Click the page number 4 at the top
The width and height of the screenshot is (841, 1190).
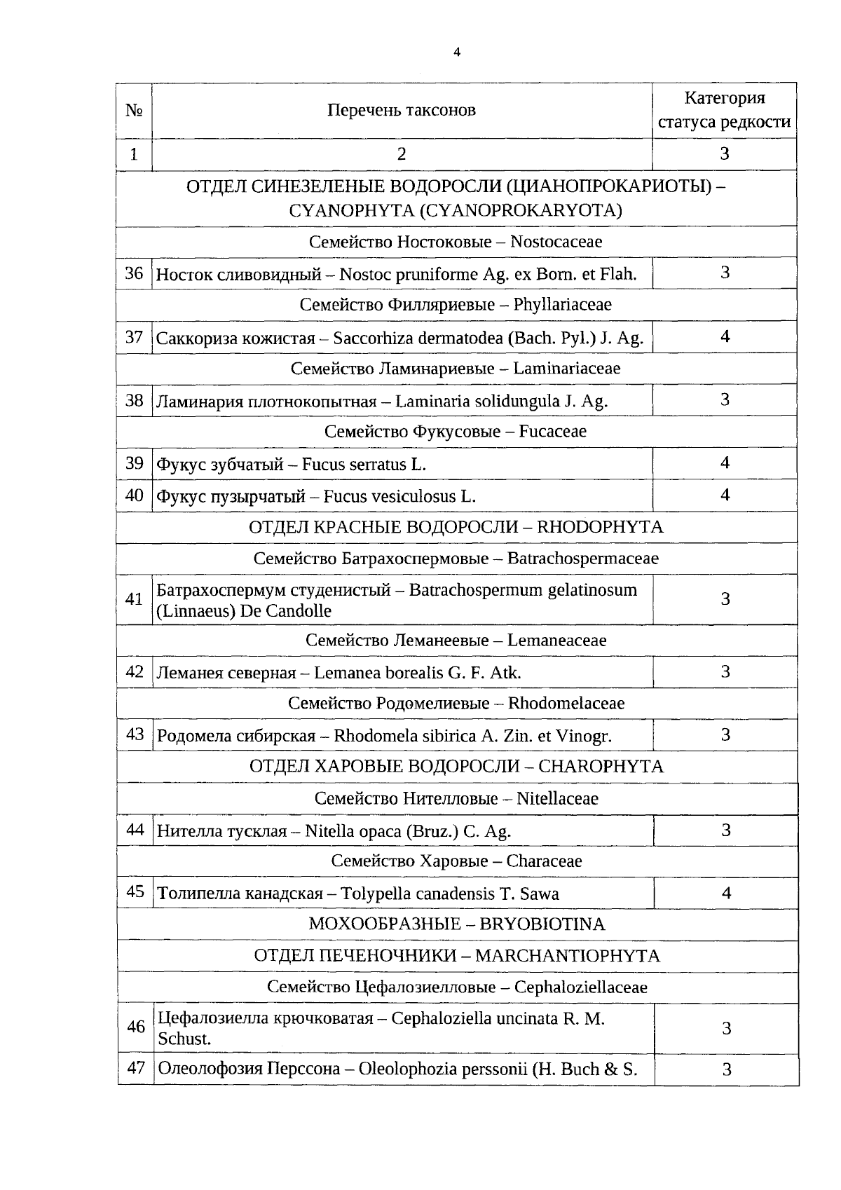click(x=457, y=52)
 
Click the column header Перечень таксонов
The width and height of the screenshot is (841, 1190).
click(x=401, y=110)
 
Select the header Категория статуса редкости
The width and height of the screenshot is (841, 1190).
click(x=725, y=110)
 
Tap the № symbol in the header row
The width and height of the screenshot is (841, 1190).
click(x=134, y=110)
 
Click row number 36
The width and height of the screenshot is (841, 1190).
click(x=134, y=273)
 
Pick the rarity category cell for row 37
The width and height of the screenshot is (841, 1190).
click(x=725, y=336)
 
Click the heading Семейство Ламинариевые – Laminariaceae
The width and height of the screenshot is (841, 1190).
click(x=456, y=368)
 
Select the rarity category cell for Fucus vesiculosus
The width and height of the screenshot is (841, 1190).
click(x=725, y=495)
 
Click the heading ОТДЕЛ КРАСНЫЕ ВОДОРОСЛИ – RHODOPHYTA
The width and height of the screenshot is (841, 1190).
click(x=456, y=527)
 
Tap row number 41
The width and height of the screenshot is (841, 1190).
click(x=134, y=599)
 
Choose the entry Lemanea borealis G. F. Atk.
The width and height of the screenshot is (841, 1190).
click(x=417, y=673)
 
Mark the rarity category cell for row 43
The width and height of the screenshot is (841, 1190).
click(x=725, y=734)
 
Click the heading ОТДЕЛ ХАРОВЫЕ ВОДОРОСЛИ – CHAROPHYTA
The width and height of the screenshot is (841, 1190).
click(x=456, y=766)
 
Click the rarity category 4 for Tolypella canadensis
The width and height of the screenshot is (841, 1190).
click(x=726, y=893)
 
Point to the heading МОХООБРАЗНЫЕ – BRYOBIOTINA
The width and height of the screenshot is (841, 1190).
click(x=456, y=924)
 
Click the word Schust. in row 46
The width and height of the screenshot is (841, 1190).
click(x=184, y=1039)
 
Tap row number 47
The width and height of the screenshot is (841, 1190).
click(x=135, y=1068)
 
